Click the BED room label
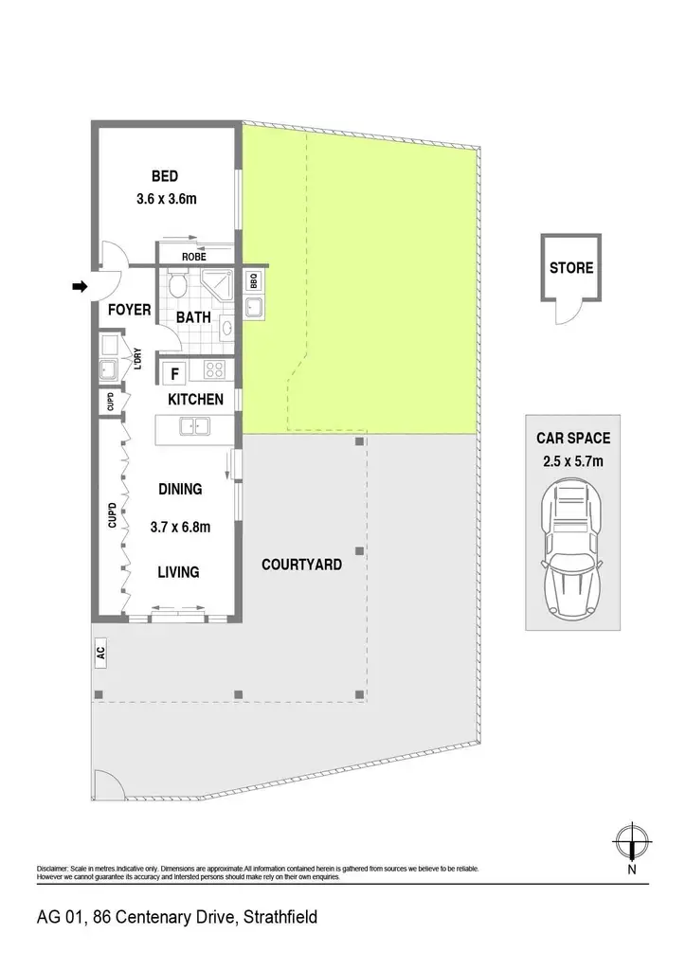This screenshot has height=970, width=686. tap(165, 176)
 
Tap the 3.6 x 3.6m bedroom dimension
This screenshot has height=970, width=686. tap(167, 199)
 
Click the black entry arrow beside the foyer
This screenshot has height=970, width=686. tap(81, 286)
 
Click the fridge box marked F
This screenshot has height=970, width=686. tap(174, 373)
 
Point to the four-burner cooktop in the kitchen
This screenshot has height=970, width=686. tap(215, 370)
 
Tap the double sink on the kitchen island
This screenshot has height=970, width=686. tap(194, 426)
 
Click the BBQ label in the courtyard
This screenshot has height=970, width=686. tap(254, 281)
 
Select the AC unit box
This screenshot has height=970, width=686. tap(100, 653)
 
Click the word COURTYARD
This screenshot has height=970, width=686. tap(302, 565)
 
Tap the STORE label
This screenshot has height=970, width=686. tap(571, 268)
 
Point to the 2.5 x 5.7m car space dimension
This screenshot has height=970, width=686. tap(573, 461)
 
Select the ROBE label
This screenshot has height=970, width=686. tap(194, 257)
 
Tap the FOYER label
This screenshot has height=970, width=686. tap(129, 310)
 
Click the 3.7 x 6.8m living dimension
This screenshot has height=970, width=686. tap(180, 527)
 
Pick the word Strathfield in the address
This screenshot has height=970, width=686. tap(280, 917)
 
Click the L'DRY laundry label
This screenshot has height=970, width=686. tap(137, 359)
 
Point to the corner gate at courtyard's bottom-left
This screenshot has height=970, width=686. tap(108, 784)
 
